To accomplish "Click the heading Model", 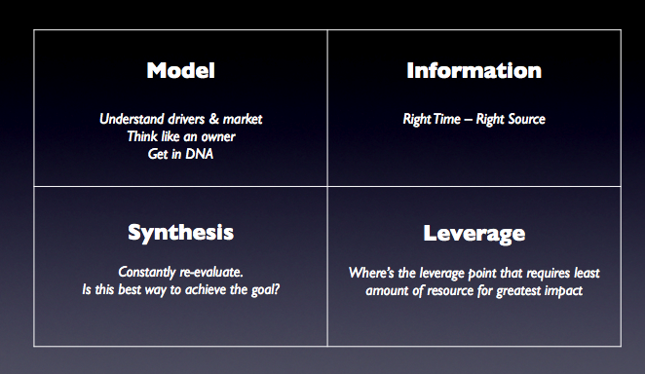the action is coord(180,70).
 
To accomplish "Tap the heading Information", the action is coord(474,70).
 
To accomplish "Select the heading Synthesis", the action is coord(180,233).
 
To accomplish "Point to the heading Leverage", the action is coord(474,234).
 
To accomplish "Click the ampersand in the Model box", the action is coord(214,119).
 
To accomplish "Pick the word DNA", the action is coord(200,154).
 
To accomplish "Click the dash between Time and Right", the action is coord(468,120).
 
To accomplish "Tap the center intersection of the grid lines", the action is coord(327,187).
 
